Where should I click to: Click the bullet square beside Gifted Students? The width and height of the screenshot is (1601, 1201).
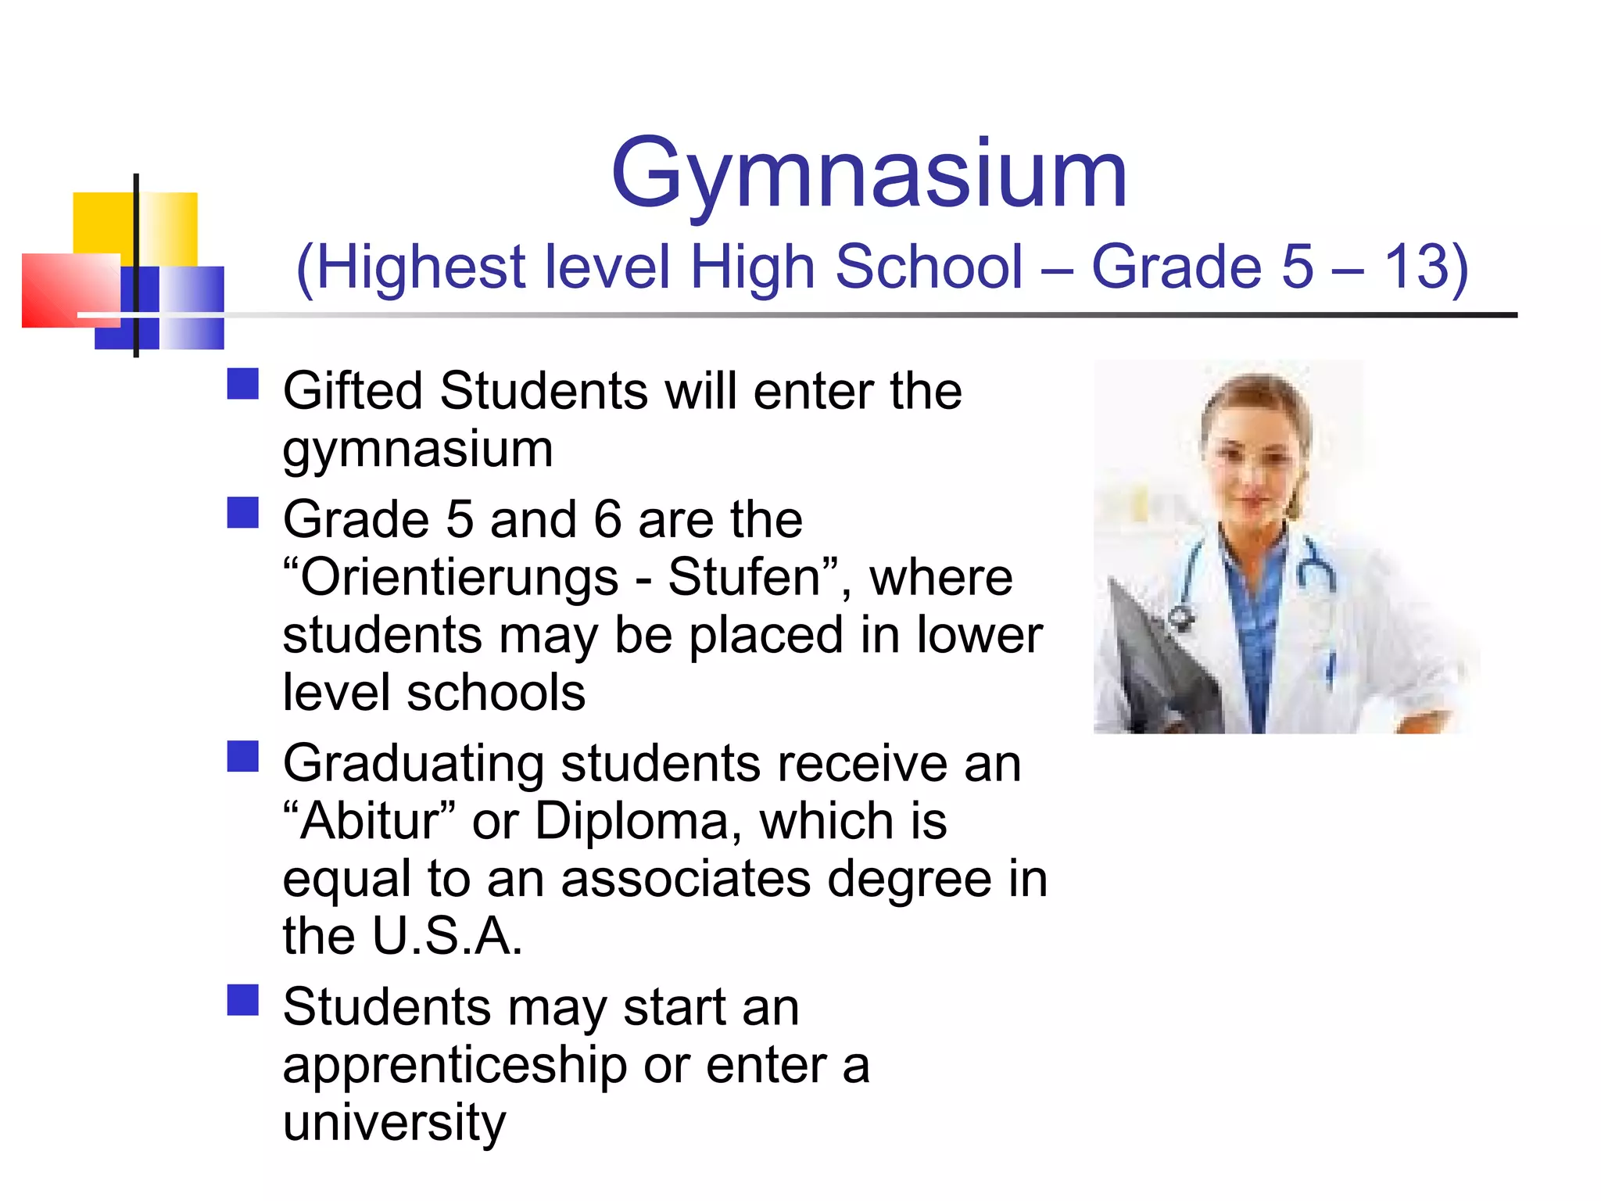(243, 384)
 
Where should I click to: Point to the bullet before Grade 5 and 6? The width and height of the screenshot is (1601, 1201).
(243, 513)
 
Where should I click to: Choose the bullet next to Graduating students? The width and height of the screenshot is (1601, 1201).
(243, 756)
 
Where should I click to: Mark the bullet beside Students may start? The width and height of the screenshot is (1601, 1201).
(243, 1000)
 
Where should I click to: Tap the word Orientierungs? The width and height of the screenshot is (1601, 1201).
(460, 578)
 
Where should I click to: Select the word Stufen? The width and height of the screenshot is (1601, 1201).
(744, 578)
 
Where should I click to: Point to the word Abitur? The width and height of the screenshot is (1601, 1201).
(372, 822)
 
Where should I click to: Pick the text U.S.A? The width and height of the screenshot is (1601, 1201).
(447, 936)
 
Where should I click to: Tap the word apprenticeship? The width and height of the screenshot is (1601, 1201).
(455, 1067)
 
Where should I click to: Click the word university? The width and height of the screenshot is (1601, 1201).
(395, 1123)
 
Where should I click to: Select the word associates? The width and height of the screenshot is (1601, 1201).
(686, 879)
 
